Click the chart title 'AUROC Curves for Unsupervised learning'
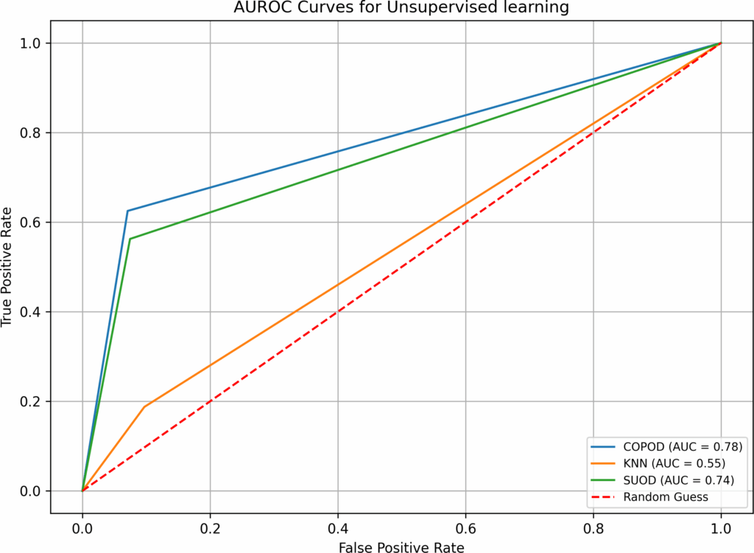point(401,8)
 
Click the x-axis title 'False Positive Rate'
point(401,546)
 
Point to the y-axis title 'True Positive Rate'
point(8,267)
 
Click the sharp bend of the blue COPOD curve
point(127,211)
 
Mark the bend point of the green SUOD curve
point(130,239)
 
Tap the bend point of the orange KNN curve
point(144,406)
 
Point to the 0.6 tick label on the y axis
point(32,222)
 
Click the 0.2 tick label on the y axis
point(32,401)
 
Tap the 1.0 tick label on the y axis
point(32,43)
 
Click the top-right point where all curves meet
point(721,43)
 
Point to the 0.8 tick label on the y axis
point(32,133)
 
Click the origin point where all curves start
point(82,490)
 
